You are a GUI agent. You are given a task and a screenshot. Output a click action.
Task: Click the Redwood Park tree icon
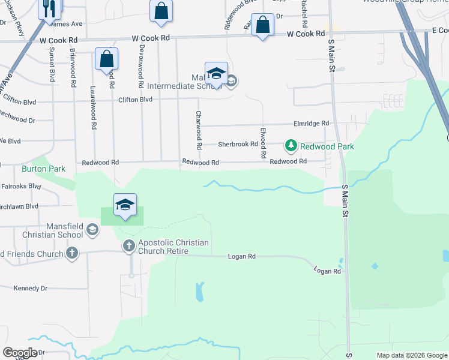click(291, 145)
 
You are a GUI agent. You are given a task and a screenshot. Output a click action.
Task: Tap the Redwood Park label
click(327, 146)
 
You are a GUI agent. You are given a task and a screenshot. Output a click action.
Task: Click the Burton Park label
click(43, 169)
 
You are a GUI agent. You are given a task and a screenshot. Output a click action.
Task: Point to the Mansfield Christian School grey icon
click(92, 229)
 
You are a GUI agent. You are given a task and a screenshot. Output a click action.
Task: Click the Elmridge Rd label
click(316, 123)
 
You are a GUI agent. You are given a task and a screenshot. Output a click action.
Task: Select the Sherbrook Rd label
click(238, 144)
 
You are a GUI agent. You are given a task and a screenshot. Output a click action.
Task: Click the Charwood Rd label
click(198, 130)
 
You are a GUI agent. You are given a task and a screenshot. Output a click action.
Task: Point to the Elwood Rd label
click(263, 143)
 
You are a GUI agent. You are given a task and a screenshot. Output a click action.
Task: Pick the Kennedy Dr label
click(30, 289)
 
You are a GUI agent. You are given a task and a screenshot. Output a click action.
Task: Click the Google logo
click(20, 353)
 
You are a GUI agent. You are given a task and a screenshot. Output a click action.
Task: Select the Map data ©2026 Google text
click(412, 355)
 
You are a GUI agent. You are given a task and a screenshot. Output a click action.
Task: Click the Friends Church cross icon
click(72, 253)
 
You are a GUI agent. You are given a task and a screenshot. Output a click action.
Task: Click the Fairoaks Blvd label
click(21, 187)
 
